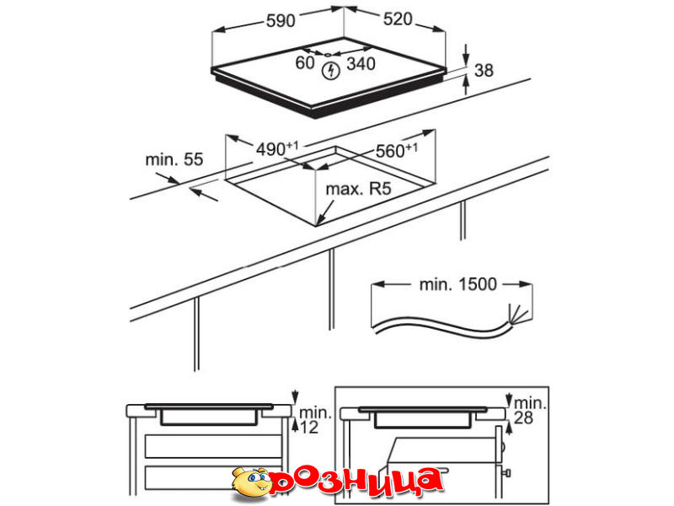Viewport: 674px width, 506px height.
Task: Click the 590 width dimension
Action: (281, 20)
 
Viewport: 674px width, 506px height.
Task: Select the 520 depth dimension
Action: (398, 19)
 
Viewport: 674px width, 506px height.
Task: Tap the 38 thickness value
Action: (484, 71)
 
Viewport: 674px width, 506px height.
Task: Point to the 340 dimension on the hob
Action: (361, 64)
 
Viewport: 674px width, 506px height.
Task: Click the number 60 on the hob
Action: (305, 62)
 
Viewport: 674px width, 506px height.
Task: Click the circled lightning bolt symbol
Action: (331, 71)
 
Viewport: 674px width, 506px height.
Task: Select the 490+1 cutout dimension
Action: (277, 149)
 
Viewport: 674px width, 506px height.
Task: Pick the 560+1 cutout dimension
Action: (396, 150)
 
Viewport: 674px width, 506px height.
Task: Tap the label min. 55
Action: (174, 159)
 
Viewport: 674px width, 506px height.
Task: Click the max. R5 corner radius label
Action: (359, 189)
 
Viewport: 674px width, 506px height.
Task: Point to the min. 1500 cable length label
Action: (457, 284)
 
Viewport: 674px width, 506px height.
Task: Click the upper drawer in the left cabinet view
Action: (213, 446)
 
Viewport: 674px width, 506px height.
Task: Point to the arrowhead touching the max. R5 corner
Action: (319, 221)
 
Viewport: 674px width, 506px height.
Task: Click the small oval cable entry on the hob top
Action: (328, 55)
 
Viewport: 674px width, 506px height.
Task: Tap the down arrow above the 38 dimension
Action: (467, 54)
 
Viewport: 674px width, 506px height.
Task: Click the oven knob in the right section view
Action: (506, 474)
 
